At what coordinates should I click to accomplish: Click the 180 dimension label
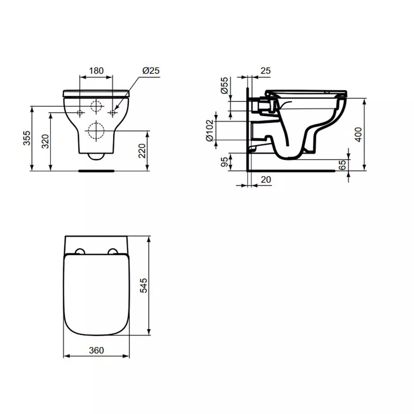(x=96, y=71)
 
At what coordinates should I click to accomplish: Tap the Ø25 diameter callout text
(x=151, y=70)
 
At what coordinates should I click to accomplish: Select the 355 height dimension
(x=27, y=138)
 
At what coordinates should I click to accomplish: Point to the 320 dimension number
(x=46, y=141)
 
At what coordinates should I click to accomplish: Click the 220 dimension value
(x=142, y=151)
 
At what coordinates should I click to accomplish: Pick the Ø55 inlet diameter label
(x=224, y=85)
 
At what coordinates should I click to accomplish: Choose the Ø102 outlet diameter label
(x=209, y=130)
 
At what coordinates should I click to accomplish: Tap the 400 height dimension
(x=358, y=135)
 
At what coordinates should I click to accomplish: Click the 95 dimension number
(x=224, y=161)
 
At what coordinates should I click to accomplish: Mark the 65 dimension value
(x=342, y=165)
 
